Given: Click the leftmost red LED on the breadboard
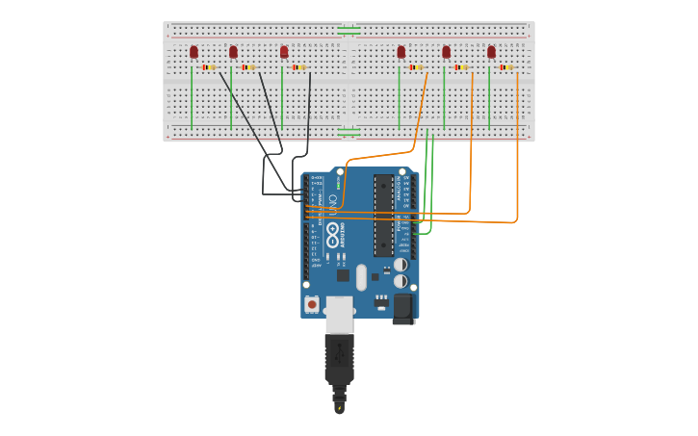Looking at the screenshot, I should (x=194, y=52).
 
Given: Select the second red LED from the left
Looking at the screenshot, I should (x=233, y=52).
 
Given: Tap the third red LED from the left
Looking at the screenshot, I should (x=284, y=52).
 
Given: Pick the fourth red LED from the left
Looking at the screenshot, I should (x=401, y=52).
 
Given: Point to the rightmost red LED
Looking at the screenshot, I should (x=491, y=52).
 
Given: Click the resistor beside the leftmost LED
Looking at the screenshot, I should (x=209, y=67).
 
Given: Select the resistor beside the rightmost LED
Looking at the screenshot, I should (x=506, y=67).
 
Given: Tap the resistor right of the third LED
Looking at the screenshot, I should (x=299, y=67).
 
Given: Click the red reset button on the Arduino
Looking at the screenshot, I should (x=311, y=304).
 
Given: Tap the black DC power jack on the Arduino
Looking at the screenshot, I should (x=402, y=308).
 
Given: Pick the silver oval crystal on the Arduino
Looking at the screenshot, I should (x=361, y=277).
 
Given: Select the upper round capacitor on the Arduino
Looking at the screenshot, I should (x=401, y=265).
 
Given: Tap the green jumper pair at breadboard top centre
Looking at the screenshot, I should (x=349, y=31).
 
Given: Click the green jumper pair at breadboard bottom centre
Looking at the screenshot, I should (x=349, y=132).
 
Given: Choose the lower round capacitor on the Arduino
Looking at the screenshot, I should (x=401, y=281).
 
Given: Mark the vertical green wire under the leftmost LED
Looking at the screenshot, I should (x=192, y=96).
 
